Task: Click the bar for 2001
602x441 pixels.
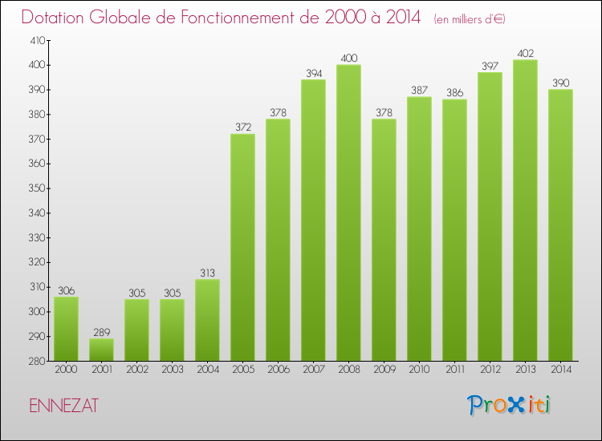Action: tap(101, 350)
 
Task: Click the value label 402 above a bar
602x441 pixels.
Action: tap(525, 54)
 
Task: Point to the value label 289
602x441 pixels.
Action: tap(101, 332)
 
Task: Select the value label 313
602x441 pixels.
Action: tap(207, 273)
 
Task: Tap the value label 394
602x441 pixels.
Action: tap(313, 74)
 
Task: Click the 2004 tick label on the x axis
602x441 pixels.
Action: tap(207, 370)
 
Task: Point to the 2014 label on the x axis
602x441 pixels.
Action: tap(560, 370)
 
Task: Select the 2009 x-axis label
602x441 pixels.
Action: tap(384, 370)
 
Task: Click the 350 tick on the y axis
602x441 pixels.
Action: tap(37, 188)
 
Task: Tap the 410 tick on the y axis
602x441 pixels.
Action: tap(37, 40)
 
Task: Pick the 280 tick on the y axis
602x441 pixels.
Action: tap(37, 362)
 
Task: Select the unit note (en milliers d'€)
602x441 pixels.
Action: tap(470, 19)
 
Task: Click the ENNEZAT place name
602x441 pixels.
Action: tap(63, 406)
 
